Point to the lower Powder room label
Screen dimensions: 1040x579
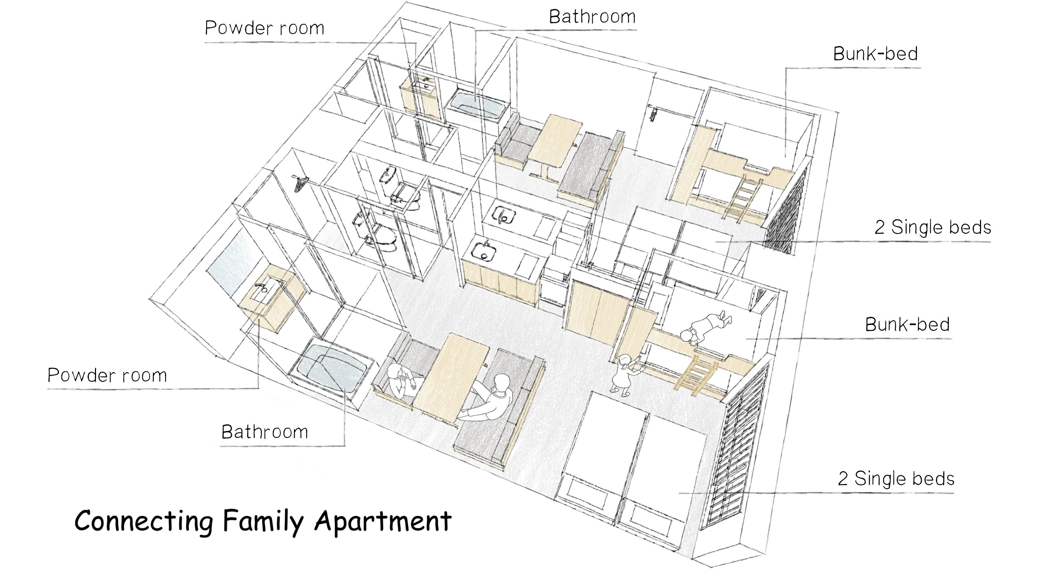[x=107, y=375]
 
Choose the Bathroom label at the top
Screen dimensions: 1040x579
[x=592, y=17]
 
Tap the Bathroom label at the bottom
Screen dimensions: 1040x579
[x=265, y=432]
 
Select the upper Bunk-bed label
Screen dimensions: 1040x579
[x=876, y=54]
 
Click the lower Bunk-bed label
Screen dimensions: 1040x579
[x=908, y=324]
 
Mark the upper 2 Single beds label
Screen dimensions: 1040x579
[x=933, y=227]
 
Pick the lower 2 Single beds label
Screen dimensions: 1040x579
[x=896, y=478]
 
